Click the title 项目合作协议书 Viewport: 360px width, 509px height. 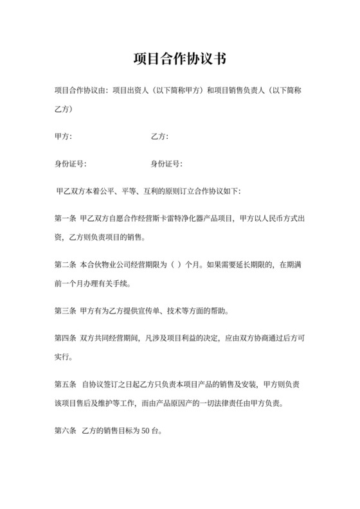[179, 58]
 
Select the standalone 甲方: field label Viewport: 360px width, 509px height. [64, 136]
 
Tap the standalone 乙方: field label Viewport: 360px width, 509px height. [159, 136]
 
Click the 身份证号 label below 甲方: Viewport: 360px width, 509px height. [70, 164]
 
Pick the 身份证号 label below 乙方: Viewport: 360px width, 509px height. [166, 164]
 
